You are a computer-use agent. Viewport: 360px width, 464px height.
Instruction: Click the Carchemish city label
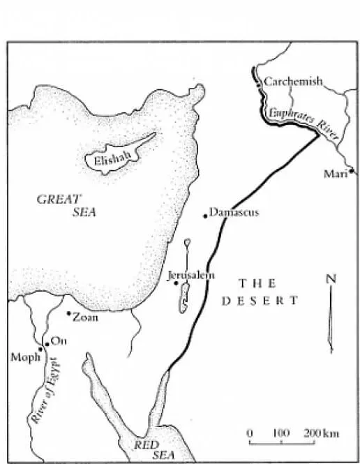coord(293,82)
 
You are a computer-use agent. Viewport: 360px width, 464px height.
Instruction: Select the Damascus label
coord(234,212)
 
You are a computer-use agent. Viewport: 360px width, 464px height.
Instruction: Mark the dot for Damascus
coord(205,216)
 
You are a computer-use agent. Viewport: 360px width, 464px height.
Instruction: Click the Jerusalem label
coord(191,276)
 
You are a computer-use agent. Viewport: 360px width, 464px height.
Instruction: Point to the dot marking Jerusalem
coord(176,283)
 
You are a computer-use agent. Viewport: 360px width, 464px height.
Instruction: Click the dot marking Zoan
coord(68,313)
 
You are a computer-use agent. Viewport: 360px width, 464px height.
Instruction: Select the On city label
coord(57,342)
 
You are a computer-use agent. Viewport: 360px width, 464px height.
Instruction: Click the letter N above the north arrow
coord(331,279)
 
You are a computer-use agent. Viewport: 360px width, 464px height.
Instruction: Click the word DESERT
coord(260,301)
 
